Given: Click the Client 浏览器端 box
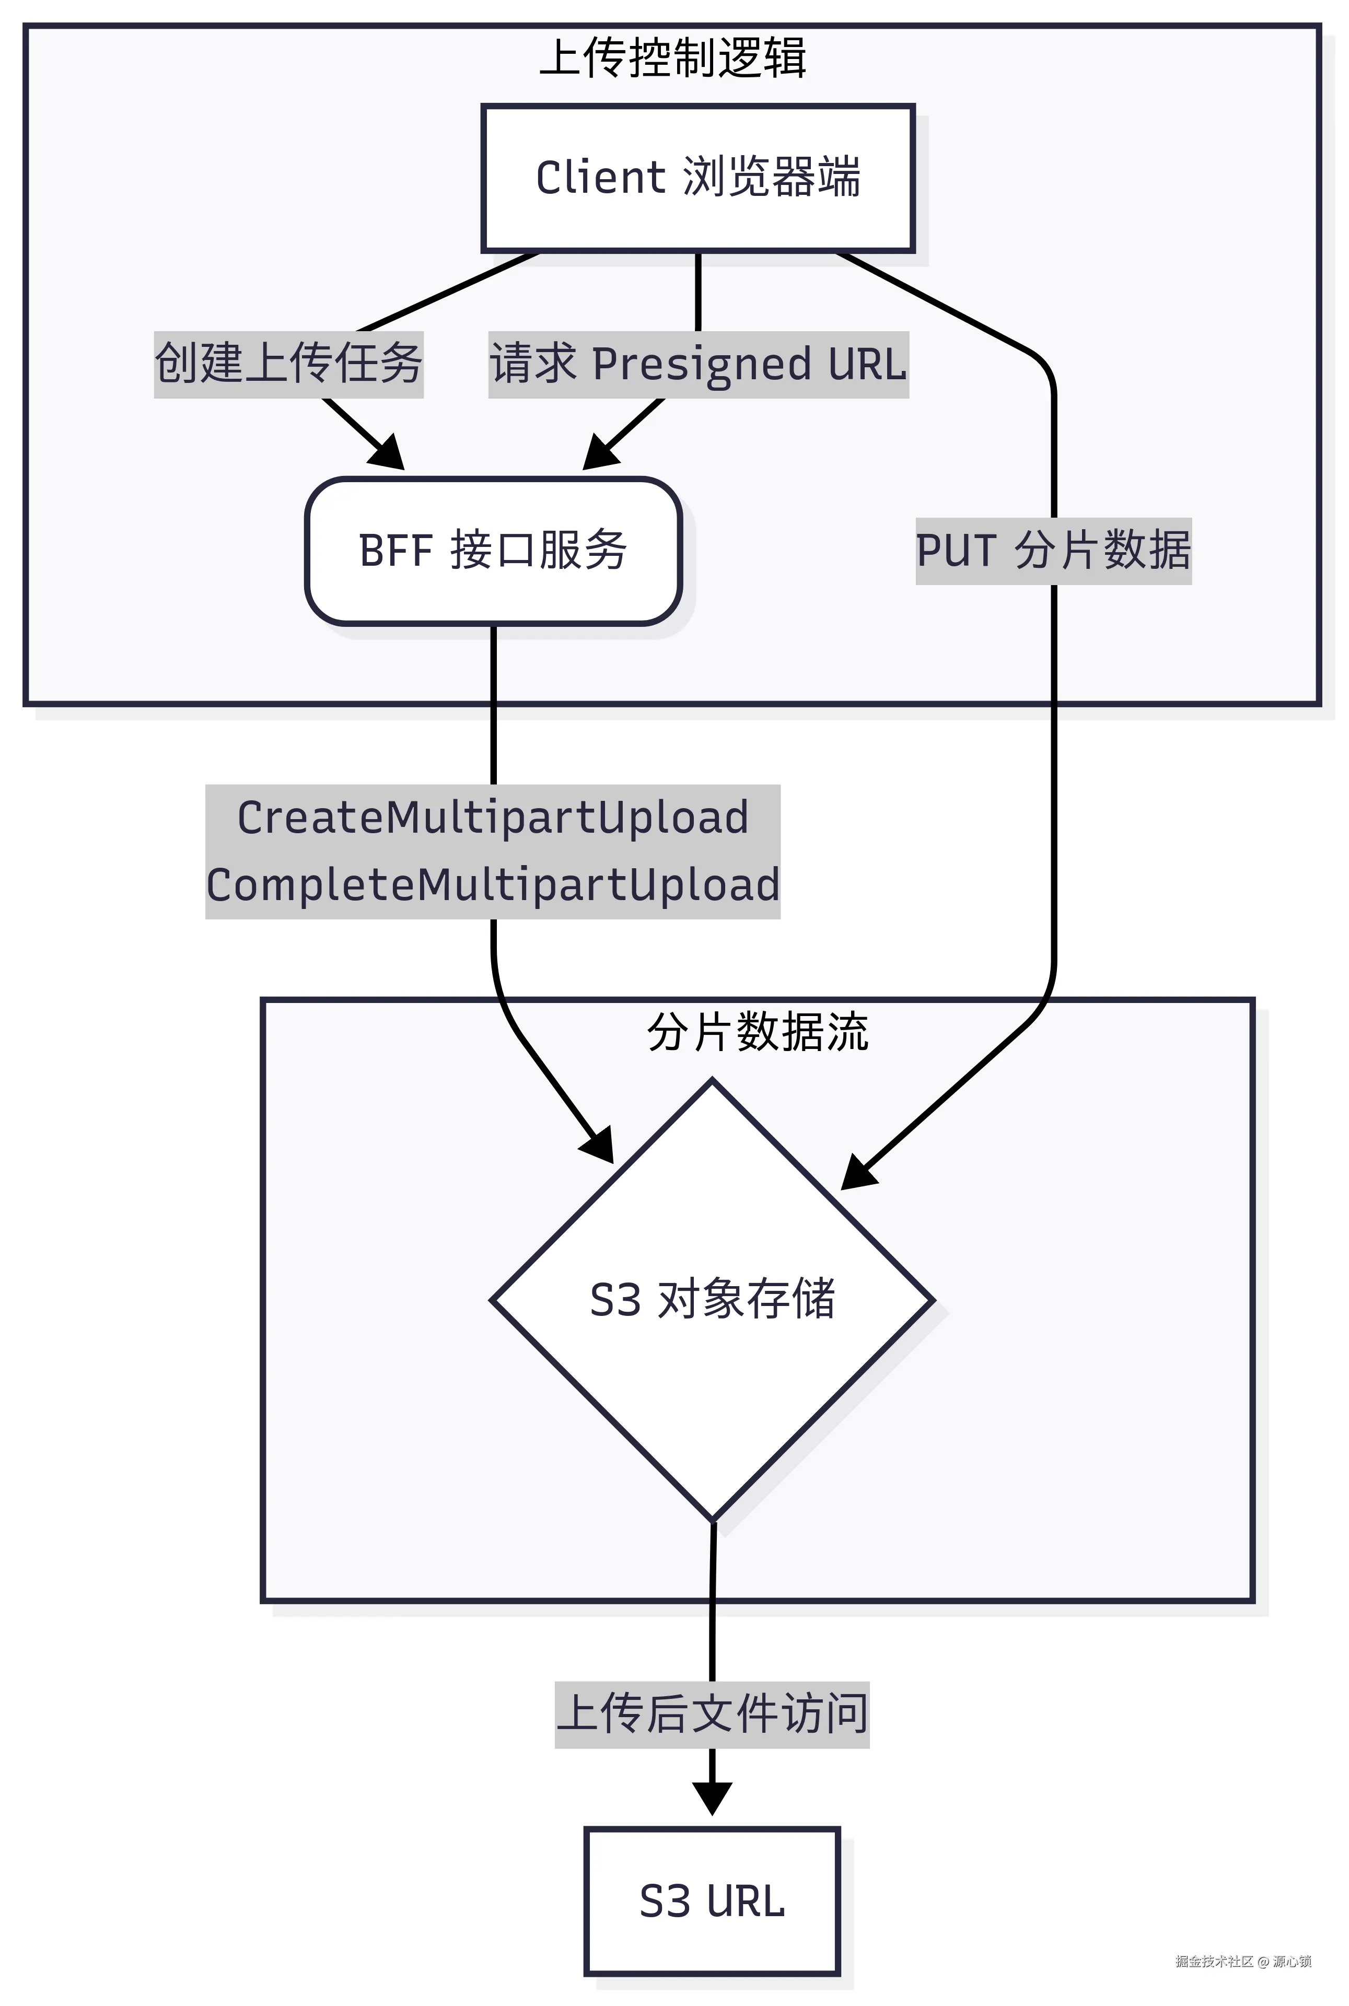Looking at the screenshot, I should tap(697, 178).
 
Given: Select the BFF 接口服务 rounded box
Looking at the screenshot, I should tap(493, 551).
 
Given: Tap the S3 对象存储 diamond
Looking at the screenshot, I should tap(712, 1299).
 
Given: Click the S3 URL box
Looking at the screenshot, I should tap(712, 1901).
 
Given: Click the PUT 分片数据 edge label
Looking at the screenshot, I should tap(1053, 551).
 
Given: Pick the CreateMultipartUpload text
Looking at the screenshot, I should tap(493, 817).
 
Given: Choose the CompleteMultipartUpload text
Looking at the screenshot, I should tap(493, 885).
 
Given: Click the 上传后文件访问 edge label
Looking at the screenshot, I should tap(712, 1713).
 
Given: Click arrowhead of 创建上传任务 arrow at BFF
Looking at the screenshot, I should tap(388, 453).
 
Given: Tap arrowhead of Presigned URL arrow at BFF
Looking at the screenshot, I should tap(600, 453).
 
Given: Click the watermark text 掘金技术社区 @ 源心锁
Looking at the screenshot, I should tap(1243, 1961).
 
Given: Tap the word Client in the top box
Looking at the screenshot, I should tap(600, 178).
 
